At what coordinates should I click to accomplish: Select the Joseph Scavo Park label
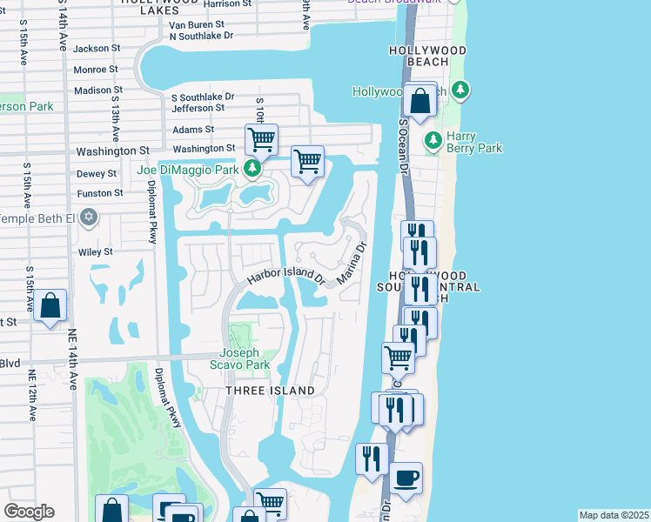click(238, 358)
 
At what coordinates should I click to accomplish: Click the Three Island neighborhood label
click(270, 391)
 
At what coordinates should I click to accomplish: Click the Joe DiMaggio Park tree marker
click(252, 169)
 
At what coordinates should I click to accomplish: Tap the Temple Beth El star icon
click(88, 217)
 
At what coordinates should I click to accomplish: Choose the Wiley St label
click(96, 252)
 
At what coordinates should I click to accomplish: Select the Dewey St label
click(96, 174)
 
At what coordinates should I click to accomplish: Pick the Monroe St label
click(96, 70)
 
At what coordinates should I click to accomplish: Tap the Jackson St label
click(96, 49)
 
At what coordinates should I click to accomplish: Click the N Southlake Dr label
click(201, 36)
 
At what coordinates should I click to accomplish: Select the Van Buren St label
click(198, 25)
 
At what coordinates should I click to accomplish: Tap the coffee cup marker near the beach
click(406, 478)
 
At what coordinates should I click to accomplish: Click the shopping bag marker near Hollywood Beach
click(419, 101)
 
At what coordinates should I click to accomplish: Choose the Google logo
click(29, 512)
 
